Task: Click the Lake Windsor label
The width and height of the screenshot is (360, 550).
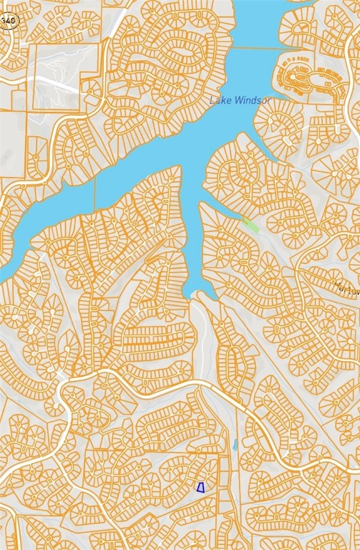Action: [240, 101]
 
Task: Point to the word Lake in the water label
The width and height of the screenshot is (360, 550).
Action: [219, 101]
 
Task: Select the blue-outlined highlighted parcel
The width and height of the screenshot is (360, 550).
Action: [200, 488]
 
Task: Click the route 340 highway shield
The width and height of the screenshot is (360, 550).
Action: [7, 21]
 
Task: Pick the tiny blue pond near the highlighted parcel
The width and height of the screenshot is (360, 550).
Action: [235, 445]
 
